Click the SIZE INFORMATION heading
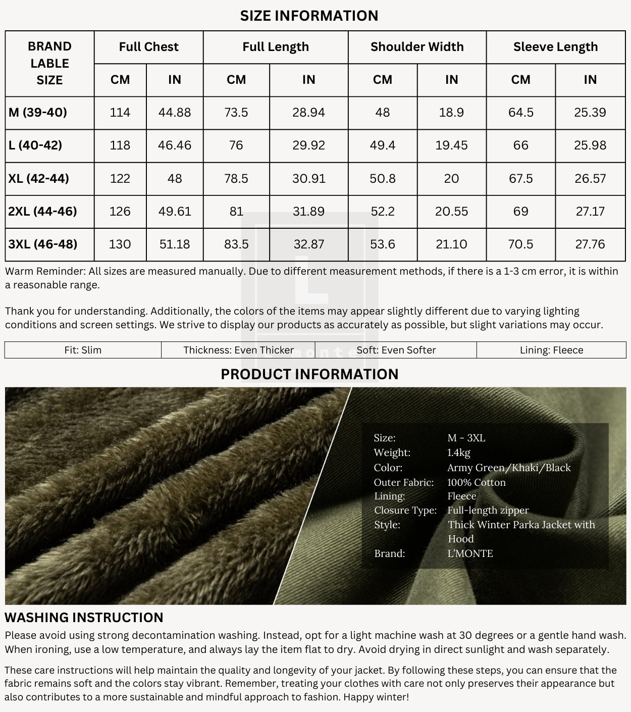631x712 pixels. point(309,16)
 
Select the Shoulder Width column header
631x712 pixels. point(417,47)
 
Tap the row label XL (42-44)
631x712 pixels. point(39,178)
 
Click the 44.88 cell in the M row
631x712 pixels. point(175,112)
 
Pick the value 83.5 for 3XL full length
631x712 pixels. point(236,244)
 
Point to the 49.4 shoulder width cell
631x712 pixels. point(383,145)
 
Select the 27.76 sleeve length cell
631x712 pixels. point(590,244)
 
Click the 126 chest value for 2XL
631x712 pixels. point(120,211)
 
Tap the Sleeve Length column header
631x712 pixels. point(555,47)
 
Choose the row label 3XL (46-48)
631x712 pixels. point(43,244)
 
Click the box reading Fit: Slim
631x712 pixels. point(83,350)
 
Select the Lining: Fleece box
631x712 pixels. point(551,350)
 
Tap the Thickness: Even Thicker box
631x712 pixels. point(238,350)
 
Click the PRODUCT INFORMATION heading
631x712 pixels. point(309,374)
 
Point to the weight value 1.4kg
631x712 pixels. point(458,452)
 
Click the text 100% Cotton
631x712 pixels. point(476,482)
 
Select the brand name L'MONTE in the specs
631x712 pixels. point(470,553)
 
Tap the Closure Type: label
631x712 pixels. point(405,511)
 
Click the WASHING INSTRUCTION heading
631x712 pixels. point(84,618)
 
